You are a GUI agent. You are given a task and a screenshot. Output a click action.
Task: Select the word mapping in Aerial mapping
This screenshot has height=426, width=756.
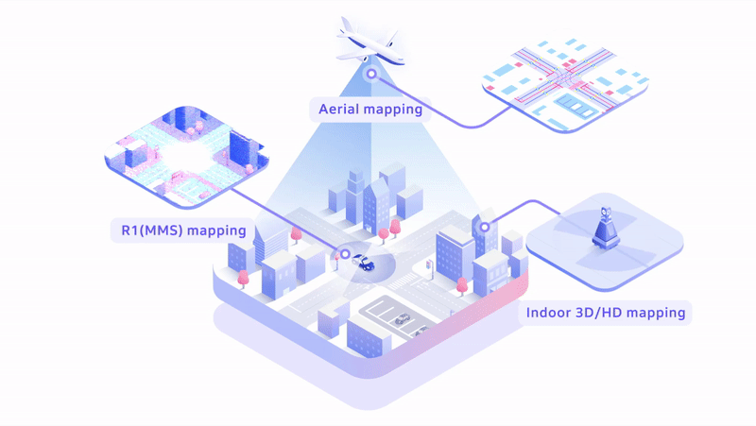pyautogui.click(x=394, y=110)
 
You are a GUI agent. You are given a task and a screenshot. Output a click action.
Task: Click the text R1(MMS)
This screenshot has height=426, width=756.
pyautogui.click(x=152, y=230)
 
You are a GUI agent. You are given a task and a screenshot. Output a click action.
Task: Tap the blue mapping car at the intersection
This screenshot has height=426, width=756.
pyautogui.click(x=364, y=264)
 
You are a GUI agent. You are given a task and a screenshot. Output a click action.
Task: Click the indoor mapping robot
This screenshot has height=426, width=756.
pyautogui.click(x=605, y=229)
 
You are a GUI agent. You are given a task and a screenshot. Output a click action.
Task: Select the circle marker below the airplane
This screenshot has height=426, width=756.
pyautogui.click(x=371, y=74)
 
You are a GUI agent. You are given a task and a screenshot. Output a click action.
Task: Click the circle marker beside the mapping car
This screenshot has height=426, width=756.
pyautogui.click(x=345, y=253)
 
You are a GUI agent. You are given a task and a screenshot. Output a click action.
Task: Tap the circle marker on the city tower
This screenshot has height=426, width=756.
pyautogui.click(x=485, y=227)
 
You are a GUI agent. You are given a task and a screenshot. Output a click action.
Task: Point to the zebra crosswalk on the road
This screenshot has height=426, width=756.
pyautogui.click(x=405, y=281)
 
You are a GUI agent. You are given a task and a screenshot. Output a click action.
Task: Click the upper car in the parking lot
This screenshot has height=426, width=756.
pyautogui.click(x=403, y=318)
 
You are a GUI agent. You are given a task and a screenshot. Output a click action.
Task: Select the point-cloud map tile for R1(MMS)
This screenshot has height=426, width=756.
pyautogui.click(x=186, y=157)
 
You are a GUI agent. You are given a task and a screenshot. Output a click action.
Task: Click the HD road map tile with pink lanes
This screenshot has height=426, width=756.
pyautogui.click(x=565, y=84)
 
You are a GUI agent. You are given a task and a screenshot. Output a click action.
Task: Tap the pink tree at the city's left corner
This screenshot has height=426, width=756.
pyautogui.click(x=244, y=279)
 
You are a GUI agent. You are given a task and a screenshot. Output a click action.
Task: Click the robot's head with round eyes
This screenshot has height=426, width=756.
pyautogui.click(x=606, y=213)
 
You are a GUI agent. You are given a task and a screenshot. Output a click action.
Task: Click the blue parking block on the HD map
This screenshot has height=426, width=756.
pyautogui.click(x=574, y=105)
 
